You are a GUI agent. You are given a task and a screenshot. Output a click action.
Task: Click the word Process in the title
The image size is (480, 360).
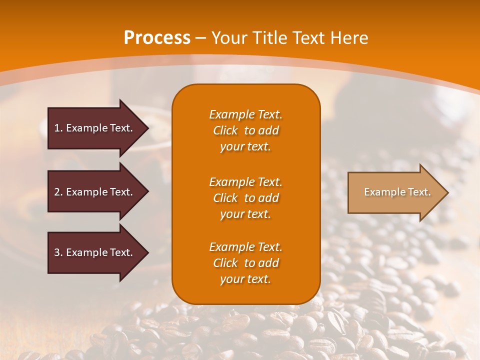(157, 38)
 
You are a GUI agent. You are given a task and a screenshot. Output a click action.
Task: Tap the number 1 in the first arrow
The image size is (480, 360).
(57, 128)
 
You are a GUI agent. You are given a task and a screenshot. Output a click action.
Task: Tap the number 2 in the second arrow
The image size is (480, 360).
(57, 192)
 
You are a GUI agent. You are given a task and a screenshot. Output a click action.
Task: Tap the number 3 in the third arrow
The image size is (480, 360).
(57, 252)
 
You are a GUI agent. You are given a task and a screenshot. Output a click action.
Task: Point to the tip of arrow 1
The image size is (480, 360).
(147, 128)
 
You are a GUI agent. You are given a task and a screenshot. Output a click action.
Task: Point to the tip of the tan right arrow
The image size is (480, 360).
(447, 192)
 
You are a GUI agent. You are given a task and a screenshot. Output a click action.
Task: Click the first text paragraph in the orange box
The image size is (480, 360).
(245, 130)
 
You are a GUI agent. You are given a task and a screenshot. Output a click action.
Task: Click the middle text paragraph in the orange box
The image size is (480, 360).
(245, 198)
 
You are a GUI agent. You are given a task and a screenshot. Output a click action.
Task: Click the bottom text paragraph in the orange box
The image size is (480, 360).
(245, 263)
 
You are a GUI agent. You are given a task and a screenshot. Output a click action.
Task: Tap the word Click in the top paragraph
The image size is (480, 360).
(225, 130)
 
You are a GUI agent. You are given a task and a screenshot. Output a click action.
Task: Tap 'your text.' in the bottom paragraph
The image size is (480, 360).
(245, 279)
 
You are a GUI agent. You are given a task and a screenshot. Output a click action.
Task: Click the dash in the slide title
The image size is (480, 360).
(201, 38)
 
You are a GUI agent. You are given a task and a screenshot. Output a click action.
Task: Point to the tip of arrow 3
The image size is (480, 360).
(147, 253)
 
